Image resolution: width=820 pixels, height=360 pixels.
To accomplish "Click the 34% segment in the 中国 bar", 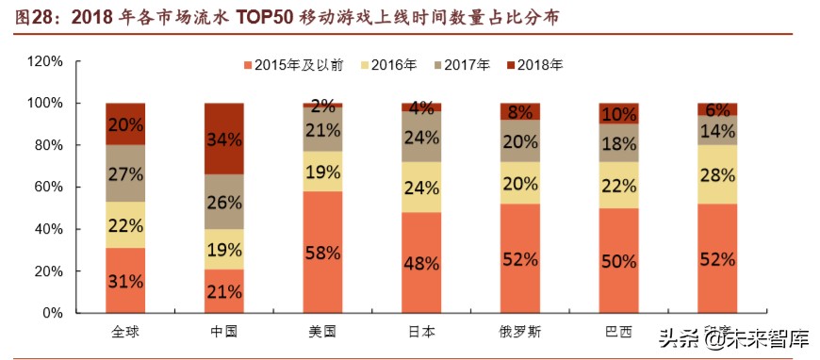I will coord(223,139).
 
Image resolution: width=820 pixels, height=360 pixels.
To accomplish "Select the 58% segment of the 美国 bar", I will coord(322,252).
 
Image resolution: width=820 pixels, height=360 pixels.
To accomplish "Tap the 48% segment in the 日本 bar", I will coord(421,262).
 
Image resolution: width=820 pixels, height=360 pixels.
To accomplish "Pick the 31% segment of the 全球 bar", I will coord(124,280).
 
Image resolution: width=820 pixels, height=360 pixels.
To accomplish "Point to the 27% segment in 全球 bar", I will coord(124,173).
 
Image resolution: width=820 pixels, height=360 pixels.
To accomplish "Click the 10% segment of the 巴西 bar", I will coord(618,114).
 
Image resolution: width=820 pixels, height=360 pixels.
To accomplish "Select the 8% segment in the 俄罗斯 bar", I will coord(519,111).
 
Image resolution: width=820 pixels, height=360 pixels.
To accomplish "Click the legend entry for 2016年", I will coord(387,65).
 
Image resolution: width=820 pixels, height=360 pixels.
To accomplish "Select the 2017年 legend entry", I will coord(461,65).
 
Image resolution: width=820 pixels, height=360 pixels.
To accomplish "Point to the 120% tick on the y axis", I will coord(44,61).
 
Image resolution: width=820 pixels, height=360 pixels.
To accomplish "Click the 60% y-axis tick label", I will coord(48,187).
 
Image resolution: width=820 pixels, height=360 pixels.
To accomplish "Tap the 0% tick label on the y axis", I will coord(53,313).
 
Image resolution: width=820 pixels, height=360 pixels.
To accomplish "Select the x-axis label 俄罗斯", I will coord(519,333).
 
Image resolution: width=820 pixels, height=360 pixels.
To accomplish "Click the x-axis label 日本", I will coord(421,333).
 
